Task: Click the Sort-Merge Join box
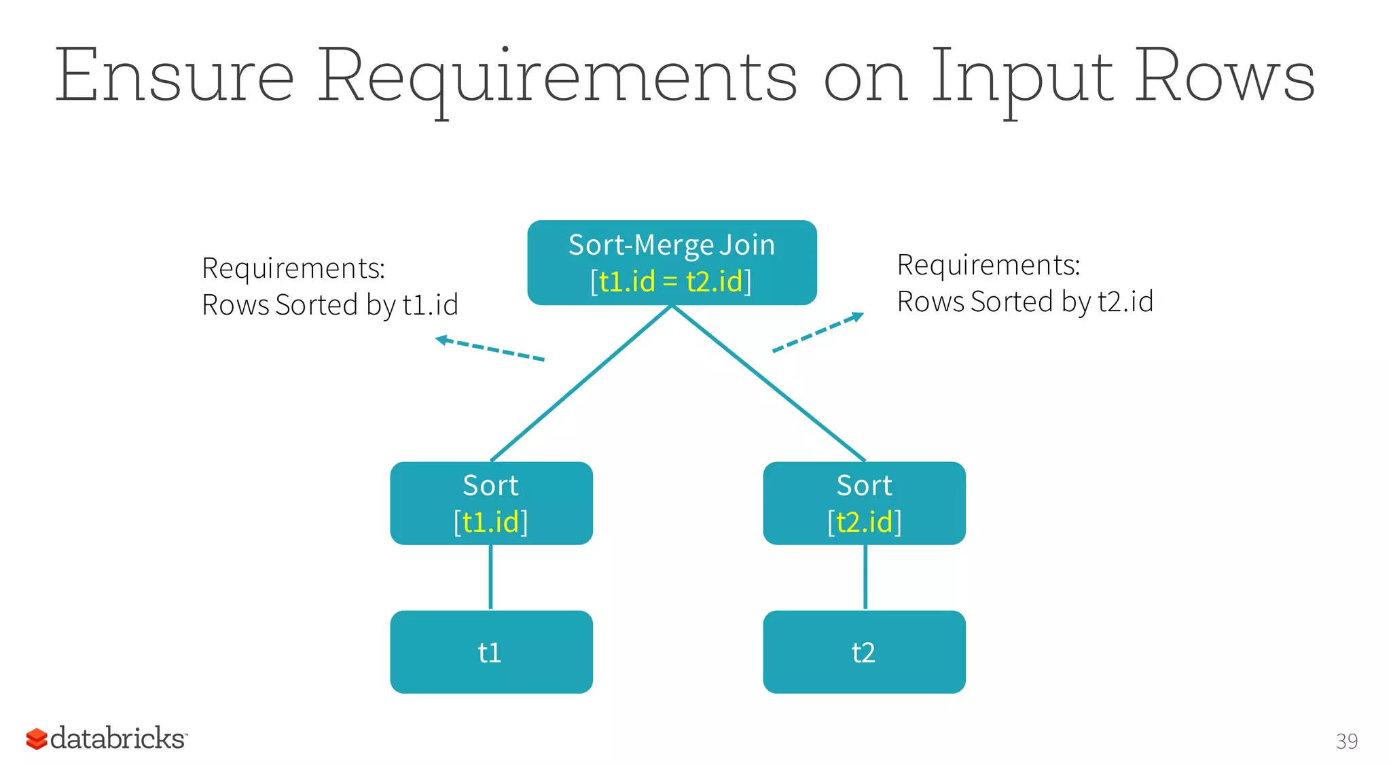pyautogui.click(x=671, y=262)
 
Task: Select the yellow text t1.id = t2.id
pyautogui.click(x=670, y=281)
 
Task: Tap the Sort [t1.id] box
pyautogui.click(x=491, y=503)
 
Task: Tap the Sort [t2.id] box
pyautogui.click(x=864, y=503)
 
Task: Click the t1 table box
pyautogui.click(x=491, y=652)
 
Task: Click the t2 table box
pyautogui.click(x=864, y=652)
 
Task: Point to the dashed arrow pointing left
pyautogui.click(x=489, y=349)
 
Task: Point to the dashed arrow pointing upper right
pyautogui.click(x=818, y=332)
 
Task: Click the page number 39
pyautogui.click(x=1346, y=741)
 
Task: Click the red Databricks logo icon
pyautogui.click(x=36, y=739)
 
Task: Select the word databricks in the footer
pyautogui.click(x=118, y=739)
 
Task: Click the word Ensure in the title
pyautogui.click(x=174, y=76)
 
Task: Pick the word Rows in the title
pyautogui.click(x=1225, y=76)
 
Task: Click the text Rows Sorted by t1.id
pyautogui.click(x=329, y=305)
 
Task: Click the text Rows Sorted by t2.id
pyautogui.click(x=1024, y=302)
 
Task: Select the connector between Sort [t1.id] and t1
pyautogui.click(x=490, y=577)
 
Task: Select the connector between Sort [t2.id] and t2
pyautogui.click(x=865, y=577)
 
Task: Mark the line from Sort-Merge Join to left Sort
pyautogui.click(x=581, y=383)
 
